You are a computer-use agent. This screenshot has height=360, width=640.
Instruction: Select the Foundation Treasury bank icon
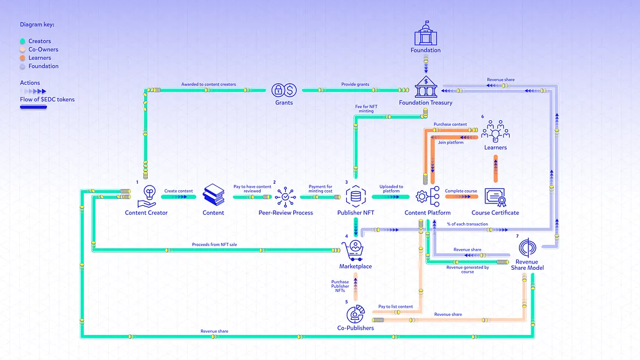click(425, 87)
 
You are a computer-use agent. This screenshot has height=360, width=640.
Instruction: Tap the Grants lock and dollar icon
click(284, 90)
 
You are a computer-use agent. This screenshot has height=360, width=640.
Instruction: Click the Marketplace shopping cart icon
click(355, 249)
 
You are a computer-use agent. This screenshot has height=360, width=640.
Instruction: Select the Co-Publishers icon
click(355, 314)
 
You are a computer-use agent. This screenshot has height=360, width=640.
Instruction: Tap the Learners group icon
click(495, 131)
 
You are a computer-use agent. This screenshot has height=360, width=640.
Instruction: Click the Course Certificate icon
click(496, 197)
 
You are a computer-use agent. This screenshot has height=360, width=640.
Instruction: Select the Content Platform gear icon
click(427, 197)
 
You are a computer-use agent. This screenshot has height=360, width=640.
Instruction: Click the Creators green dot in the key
click(22, 41)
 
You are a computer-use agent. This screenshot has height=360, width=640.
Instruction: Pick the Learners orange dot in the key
click(22, 58)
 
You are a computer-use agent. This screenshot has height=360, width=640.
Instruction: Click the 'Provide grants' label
click(355, 85)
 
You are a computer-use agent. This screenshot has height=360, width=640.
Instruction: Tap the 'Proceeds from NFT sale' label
click(214, 244)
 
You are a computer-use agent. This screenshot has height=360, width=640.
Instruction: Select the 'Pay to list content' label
click(396, 306)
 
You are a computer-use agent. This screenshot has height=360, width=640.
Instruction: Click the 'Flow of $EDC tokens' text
click(47, 99)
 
